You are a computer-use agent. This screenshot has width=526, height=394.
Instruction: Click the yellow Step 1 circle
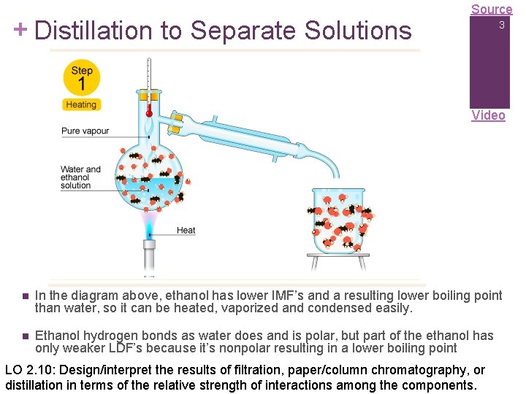pyautogui.click(x=81, y=78)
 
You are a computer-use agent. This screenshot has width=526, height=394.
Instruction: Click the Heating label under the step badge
pyautogui.click(x=81, y=104)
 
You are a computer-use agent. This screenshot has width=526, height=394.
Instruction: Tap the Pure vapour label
pyautogui.click(x=85, y=131)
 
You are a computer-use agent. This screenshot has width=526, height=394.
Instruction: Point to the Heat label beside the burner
pyautogui.click(x=186, y=231)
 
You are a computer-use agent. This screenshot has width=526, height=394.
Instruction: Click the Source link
pyautogui.click(x=491, y=9)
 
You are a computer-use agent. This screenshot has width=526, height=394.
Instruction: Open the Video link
pyautogui.click(x=488, y=115)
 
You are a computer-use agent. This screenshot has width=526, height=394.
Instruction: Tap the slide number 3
pyautogui.click(x=502, y=26)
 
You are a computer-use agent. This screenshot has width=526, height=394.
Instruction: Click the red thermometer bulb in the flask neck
pyautogui.click(x=149, y=113)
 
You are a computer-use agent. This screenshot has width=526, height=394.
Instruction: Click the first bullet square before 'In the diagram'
pyautogui.click(x=24, y=296)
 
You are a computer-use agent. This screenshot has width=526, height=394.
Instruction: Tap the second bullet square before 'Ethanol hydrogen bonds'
pyautogui.click(x=24, y=336)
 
